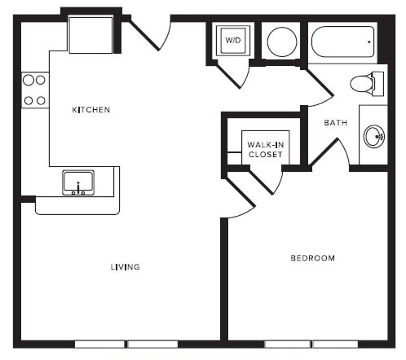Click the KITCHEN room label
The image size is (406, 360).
[91, 110]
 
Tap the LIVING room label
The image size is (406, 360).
[126, 267]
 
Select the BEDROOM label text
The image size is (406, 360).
[313, 258]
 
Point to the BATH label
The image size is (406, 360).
[336, 123]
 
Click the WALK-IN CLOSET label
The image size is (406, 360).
[266, 150]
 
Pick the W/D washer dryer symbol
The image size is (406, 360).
[233, 41]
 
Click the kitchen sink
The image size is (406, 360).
[78, 182]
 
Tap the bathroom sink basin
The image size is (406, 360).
[374, 136]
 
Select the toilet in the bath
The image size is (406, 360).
[367, 84]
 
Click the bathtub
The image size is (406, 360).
[342, 42]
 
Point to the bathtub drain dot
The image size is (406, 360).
[369, 42]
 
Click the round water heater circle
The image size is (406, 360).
[282, 42]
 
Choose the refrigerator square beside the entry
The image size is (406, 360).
[90, 35]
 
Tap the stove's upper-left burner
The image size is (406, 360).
[29, 80]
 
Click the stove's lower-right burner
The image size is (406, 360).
[41, 101]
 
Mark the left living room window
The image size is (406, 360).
[99, 345]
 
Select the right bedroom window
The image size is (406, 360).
[335, 345]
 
